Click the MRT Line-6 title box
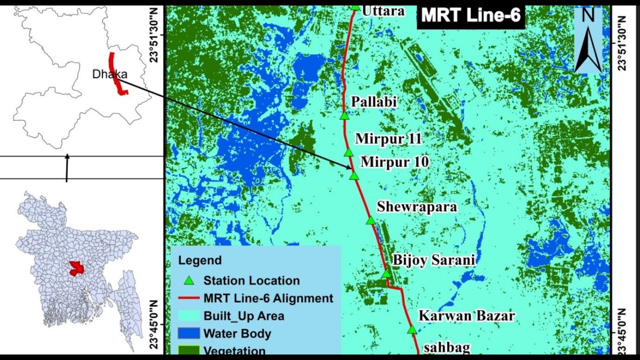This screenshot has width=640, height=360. click(x=470, y=15)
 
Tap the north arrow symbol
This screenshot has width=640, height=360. click(x=588, y=41)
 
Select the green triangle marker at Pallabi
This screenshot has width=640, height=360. click(x=344, y=116)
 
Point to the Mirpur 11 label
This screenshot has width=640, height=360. click(x=388, y=138)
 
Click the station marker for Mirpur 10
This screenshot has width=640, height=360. click(x=354, y=175)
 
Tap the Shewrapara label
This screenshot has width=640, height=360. click(x=416, y=206)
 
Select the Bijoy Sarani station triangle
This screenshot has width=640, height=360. click(x=386, y=273)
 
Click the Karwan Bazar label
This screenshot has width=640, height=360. click(x=466, y=315)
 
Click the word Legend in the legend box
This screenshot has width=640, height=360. click(x=200, y=260)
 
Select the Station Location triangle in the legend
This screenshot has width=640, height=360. click(x=188, y=280)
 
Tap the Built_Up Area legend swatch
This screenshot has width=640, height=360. click(x=188, y=316)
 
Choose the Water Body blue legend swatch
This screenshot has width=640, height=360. click(x=188, y=333)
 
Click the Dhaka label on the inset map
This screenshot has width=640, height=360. click(x=109, y=74)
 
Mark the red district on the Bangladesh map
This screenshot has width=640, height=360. click(x=76, y=268)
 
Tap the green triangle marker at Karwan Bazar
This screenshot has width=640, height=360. click(x=411, y=329)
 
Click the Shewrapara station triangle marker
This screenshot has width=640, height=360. click(x=370, y=220)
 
